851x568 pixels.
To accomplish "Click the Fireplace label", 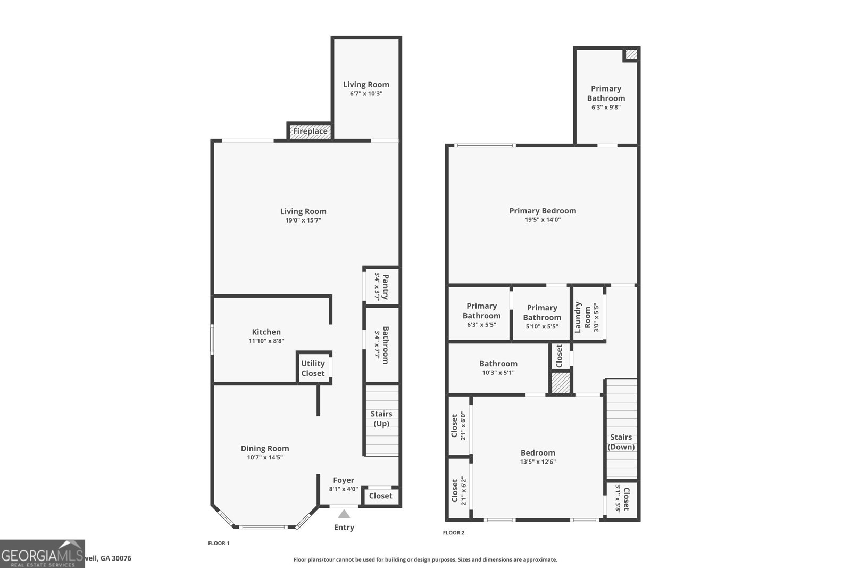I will coord(310,131).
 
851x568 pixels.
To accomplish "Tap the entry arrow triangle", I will coord(344,514).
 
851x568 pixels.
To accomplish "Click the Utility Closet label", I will coord(313,368).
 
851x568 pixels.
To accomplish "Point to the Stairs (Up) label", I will coord(381,418).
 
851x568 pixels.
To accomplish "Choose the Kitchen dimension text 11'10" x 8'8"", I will coord(266,341).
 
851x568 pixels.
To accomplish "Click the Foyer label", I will coord(344,480).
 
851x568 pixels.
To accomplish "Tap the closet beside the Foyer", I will coord(381,496).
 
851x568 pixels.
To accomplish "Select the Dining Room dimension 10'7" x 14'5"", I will coord(265,457).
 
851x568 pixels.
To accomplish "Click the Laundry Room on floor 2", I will coord(587,317).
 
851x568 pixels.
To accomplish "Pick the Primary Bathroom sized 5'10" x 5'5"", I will coord(541,317).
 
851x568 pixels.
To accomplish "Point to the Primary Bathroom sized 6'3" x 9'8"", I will coord(606,97).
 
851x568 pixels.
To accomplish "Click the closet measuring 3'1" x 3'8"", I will coord(622,499).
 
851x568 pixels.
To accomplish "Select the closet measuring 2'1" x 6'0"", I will coord(458,426).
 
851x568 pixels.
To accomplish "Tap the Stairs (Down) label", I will coord(621,442).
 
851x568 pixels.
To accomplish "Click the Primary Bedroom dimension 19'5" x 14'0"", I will coord(543,220).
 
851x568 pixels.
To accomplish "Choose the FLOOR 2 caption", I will coord(454,532).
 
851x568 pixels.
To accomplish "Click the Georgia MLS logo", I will coord(42,554).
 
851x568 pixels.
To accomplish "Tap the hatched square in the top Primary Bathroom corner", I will coord(631,54).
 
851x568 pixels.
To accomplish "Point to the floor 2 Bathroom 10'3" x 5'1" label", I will coord(498,368).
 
